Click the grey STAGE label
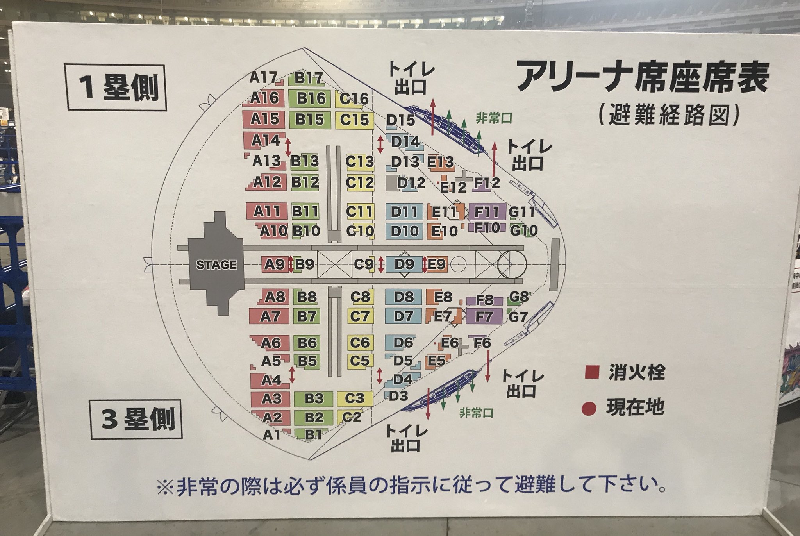[216, 265]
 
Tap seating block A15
[265, 119]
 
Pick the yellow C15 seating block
[354, 120]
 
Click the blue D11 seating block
[404, 212]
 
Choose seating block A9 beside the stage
[274, 265]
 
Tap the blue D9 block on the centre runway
[404, 264]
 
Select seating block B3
[314, 398]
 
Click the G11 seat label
[521, 212]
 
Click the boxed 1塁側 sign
[116, 88]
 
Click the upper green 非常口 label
[493, 118]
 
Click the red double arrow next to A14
[288, 147]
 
